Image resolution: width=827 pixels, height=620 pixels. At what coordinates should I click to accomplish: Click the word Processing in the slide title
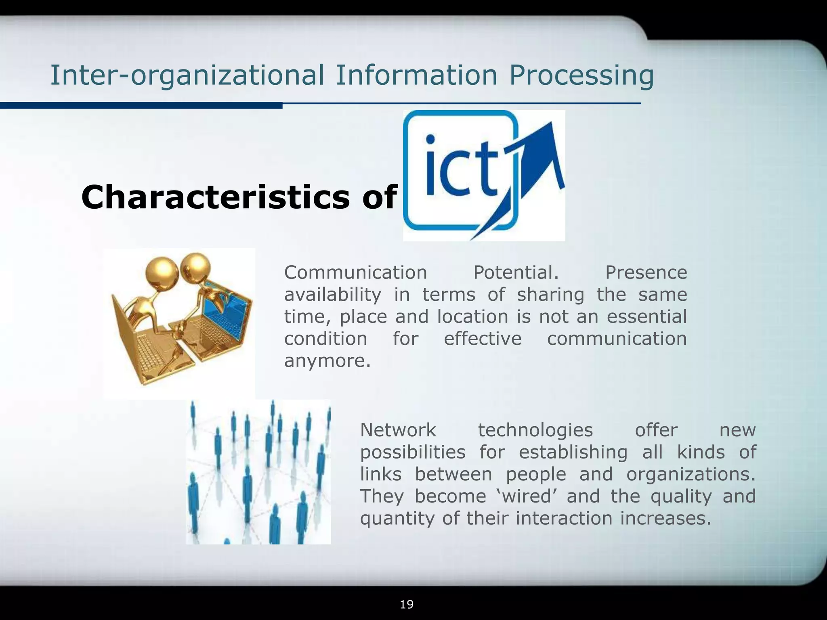(x=581, y=75)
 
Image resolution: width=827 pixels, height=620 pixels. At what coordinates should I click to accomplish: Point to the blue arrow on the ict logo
(x=537, y=170)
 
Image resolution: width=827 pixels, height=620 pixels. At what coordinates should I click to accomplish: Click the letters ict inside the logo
(x=460, y=165)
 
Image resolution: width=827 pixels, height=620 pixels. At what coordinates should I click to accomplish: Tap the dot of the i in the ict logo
(x=431, y=139)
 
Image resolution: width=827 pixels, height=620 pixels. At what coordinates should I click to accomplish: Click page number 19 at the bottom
(x=407, y=604)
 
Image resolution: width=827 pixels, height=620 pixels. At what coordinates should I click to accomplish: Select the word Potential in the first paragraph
(x=516, y=272)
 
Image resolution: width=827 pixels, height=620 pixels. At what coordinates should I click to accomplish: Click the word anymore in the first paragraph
(x=327, y=361)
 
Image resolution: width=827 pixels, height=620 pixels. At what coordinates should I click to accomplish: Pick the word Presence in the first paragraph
(x=646, y=272)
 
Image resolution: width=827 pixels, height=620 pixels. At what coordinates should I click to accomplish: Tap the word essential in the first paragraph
(x=646, y=316)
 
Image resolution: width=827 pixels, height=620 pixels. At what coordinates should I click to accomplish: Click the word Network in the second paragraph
(x=398, y=430)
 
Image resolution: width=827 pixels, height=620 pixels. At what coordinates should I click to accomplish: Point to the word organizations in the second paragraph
(x=690, y=474)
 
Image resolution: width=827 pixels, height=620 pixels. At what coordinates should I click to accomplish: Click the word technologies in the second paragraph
(x=535, y=430)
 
